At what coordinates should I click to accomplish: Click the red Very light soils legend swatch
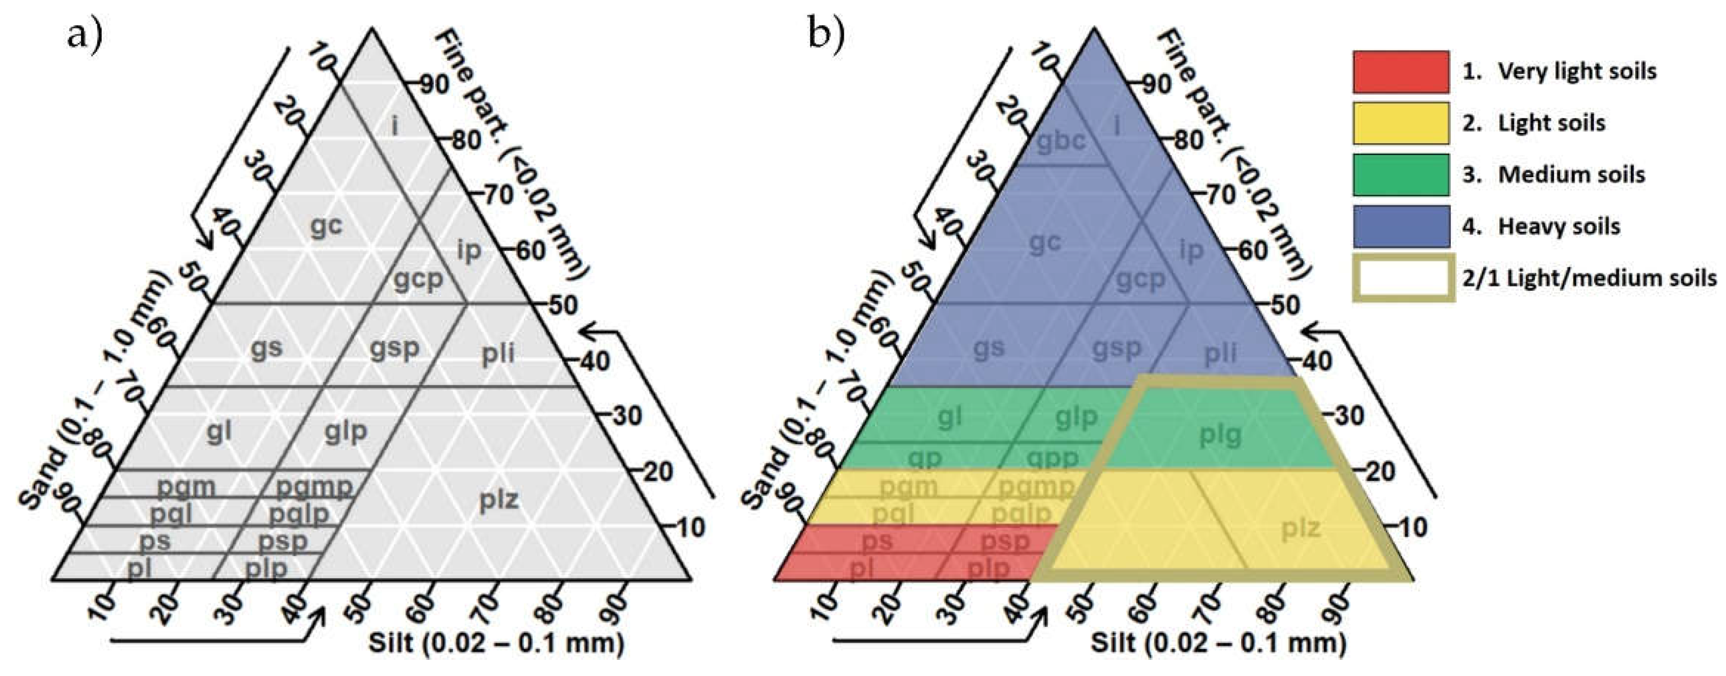pyautogui.click(x=1401, y=71)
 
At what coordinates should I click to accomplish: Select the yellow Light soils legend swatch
pyautogui.click(x=1401, y=123)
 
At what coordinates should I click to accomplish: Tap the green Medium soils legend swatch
pyautogui.click(x=1401, y=174)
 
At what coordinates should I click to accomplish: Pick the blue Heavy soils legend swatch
pyautogui.click(x=1401, y=226)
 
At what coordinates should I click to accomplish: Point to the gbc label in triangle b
pyautogui.click(x=1061, y=142)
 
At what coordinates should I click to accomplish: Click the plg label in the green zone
pyautogui.click(x=1220, y=436)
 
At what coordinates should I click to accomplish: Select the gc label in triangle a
pyautogui.click(x=326, y=226)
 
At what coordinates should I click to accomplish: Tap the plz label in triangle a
pyautogui.click(x=499, y=500)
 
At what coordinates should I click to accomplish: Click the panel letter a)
pyautogui.click(x=85, y=35)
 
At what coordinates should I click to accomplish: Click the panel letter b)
pyautogui.click(x=826, y=35)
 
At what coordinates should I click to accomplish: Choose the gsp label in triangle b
pyautogui.click(x=1116, y=347)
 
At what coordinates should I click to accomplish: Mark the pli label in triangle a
pyautogui.click(x=498, y=353)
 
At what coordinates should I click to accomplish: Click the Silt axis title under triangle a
pyautogui.click(x=496, y=643)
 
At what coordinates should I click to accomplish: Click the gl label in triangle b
pyautogui.click(x=949, y=417)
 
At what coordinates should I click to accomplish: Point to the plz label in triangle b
pyautogui.click(x=1301, y=528)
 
